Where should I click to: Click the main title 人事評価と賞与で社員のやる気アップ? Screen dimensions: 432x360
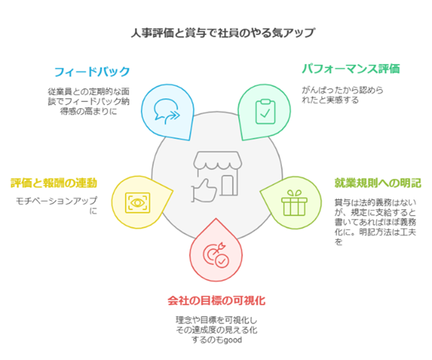[x=222, y=33]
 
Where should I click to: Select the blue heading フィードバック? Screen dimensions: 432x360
[x=91, y=72]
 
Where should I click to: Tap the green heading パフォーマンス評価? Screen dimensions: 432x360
[x=350, y=68]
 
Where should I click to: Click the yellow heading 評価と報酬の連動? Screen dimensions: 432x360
[x=54, y=183]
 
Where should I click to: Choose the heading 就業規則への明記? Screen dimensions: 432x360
[x=378, y=183]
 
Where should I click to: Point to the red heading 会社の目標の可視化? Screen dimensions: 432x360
[x=216, y=301]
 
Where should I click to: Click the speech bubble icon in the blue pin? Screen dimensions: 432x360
[x=167, y=111]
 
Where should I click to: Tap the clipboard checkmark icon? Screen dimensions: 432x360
[x=265, y=111]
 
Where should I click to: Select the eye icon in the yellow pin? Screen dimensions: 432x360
[x=137, y=203]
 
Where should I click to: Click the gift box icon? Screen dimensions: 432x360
[x=294, y=203]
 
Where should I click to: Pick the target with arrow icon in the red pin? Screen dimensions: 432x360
[x=216, y=255]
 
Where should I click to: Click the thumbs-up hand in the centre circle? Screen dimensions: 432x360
[x=204, y=191]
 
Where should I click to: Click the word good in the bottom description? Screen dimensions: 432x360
[x=232, y=340]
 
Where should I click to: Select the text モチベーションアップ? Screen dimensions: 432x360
[x=56, y=201]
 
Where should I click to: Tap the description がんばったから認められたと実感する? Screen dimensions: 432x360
[x=342, y=95]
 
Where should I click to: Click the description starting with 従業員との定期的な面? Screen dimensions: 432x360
[x=88, y=101]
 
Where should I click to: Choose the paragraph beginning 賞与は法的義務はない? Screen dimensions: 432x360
[x=376, y=222]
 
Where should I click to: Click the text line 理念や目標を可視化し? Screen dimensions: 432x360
[x=216, y=320]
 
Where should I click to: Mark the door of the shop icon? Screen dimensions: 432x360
[x=229, y=185]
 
